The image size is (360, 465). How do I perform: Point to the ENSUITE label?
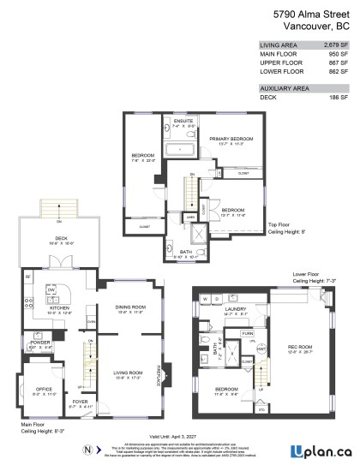(x=183, y=122)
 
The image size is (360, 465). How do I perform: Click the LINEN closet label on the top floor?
(x=190, y=216)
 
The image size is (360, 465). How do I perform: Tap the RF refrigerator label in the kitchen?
(x=27, y=277)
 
